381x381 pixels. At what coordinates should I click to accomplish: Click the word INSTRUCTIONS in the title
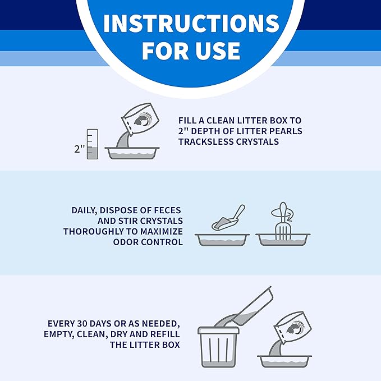191,23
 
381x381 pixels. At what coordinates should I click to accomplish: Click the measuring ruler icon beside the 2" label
93,144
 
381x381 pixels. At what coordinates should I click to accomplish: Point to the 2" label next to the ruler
79,149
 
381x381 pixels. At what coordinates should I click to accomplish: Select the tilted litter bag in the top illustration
140,119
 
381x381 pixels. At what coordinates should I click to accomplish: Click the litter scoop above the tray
228,218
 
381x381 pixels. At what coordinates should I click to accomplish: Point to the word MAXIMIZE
162,231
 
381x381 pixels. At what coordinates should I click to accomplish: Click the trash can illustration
218,347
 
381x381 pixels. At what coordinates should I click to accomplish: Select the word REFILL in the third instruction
165,334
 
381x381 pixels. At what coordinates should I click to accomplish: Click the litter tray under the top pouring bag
132,153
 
